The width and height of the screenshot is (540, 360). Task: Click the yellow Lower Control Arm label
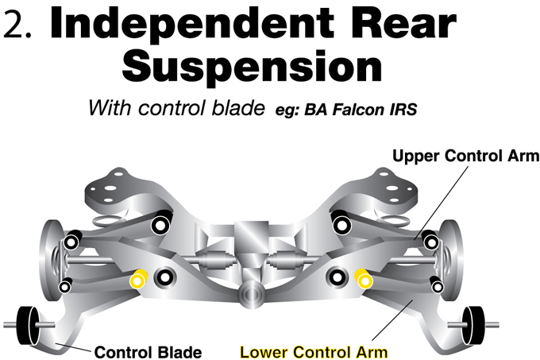click(x=314, y=352)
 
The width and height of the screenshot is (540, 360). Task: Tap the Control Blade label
click(x=148, y=352)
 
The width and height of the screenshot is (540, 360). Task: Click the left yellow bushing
click(x=138, y=279)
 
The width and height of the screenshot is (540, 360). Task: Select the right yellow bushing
click(x=364, y=279)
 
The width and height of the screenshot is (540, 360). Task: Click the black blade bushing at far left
click(x=29, y=325)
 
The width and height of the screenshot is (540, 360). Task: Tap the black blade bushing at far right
click(x=474, y=325)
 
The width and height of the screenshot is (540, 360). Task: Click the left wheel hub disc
click(x=52, y=261)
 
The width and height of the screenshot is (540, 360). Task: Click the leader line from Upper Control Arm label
click(x=442, y=203)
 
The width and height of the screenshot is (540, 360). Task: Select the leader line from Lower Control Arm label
click(x=392, y=320)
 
